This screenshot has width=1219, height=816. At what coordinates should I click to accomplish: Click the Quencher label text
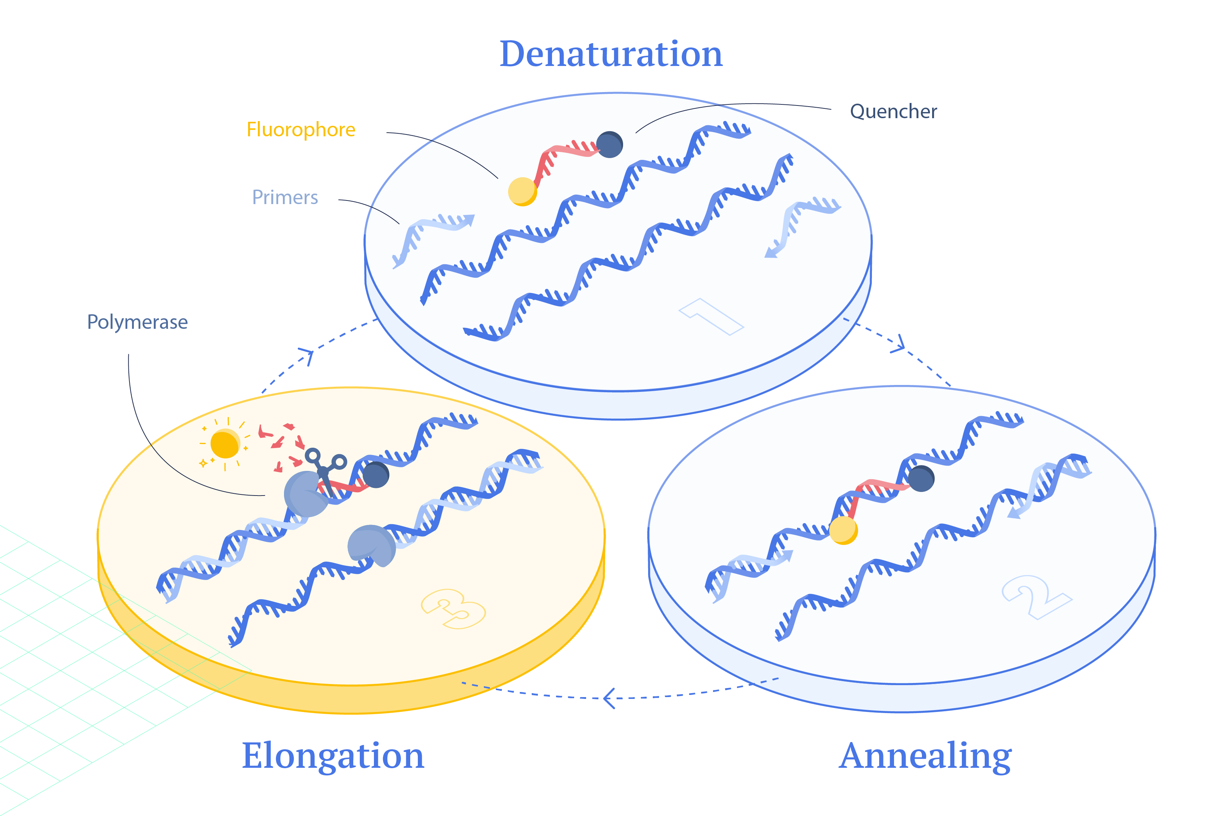coord(894,111)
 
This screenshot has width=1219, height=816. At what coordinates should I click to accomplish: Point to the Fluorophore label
coord(301,129)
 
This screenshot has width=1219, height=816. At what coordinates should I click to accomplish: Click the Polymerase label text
coord(137,323)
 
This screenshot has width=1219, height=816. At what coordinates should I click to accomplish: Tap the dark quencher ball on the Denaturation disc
coord(610,145)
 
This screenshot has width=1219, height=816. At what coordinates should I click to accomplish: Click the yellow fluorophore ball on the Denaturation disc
coord(522,191)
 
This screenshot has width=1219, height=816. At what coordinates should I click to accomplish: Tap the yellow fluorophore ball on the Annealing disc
coord(844,530)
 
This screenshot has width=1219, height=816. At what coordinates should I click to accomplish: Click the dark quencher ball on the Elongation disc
coord(376,475)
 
